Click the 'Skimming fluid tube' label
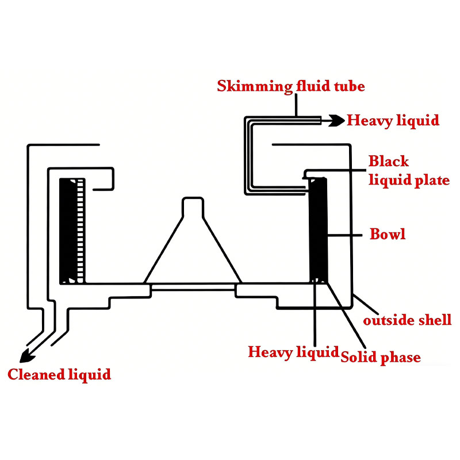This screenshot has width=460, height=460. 291,86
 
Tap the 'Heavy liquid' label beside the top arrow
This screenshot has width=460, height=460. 393,121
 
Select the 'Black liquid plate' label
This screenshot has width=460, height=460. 409,171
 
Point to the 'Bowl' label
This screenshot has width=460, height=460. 387,234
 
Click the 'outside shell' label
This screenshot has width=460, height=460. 407,320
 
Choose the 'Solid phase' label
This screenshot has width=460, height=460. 381,357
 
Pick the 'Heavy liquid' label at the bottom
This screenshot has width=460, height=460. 293,352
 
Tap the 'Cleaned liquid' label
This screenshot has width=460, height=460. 59,375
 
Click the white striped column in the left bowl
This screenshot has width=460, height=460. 80,231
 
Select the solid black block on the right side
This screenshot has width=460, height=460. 319,231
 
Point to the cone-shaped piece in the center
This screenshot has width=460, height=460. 193,250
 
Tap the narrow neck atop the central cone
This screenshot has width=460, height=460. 193,208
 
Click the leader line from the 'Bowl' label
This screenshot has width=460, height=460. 344,235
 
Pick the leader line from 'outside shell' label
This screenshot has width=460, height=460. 366,304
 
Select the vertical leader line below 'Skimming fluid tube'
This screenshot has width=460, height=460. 296,105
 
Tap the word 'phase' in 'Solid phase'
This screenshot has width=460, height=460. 400,358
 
